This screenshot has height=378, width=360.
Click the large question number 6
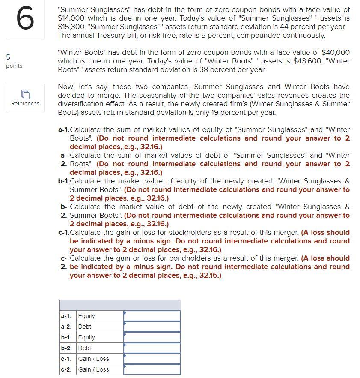[x=25, y=20]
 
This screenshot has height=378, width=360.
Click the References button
[x=25, y=98]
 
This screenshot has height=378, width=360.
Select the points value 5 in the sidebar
[x=8, y=57]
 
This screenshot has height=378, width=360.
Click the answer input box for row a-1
[x=152, y=316]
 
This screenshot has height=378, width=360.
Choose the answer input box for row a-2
[x=152, y=327]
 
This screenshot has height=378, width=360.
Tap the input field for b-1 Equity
[x=152, y=337]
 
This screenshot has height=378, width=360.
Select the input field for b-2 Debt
[x=152, y=348]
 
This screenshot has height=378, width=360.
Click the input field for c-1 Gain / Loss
[x=152, y=359]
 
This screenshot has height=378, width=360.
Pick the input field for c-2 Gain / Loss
[x=152, y=369]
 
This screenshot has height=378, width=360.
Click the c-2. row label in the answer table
[x=66, y=369]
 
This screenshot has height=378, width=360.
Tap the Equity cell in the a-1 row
[x=86, y=316]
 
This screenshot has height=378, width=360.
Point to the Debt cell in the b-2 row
[x=85, y=348]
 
